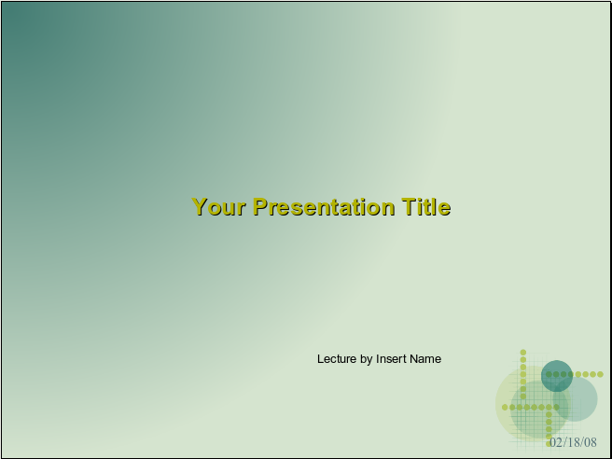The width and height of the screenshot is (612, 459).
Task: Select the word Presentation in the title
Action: click(x=324, y=206)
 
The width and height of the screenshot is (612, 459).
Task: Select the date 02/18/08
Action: click(x=574, y=442)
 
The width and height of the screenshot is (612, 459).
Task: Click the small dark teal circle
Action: click(x=557, y=376)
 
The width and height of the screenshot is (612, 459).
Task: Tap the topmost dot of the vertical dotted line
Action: click(x=523, y=353)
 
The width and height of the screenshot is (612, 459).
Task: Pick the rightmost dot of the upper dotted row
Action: click(x=600, y=374)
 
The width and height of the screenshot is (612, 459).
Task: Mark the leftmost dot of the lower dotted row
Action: click(x=505, y=408)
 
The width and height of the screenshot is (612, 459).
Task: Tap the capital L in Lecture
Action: click(x=320, y=358)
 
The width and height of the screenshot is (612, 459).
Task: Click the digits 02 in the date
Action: click(x=556, y=442)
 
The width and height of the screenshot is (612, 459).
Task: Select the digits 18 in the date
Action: click(x=574, y=442)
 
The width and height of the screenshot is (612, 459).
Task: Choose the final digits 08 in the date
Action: click(x=591, y=442)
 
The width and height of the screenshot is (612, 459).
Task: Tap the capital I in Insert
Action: click(x=378, y=358)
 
